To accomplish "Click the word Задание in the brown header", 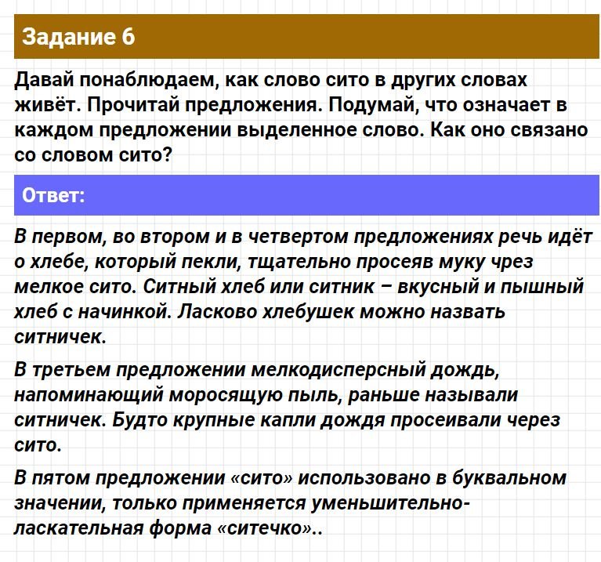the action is [x=69, y=38].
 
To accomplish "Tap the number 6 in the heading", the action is [x=129, y=37].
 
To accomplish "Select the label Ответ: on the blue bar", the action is [x=53, y=195].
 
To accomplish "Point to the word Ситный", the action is [x=179, y=287].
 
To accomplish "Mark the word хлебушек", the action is [x=308, y=312].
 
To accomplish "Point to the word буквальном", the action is [x=509, y=478].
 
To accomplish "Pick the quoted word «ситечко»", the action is [x=266, y=528].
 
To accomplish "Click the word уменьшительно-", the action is [x=389, y=503].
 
